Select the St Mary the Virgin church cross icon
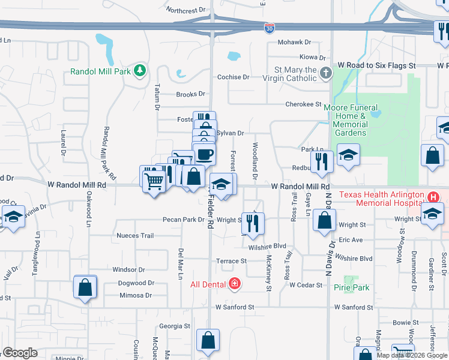coord(325,74)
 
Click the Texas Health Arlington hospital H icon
coord(432,197)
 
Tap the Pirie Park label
coord(352,287)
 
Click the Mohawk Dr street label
coord(294,43)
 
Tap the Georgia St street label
coord(174,326)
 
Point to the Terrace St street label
coord(232,261)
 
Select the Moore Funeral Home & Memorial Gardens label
coord(345,120)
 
